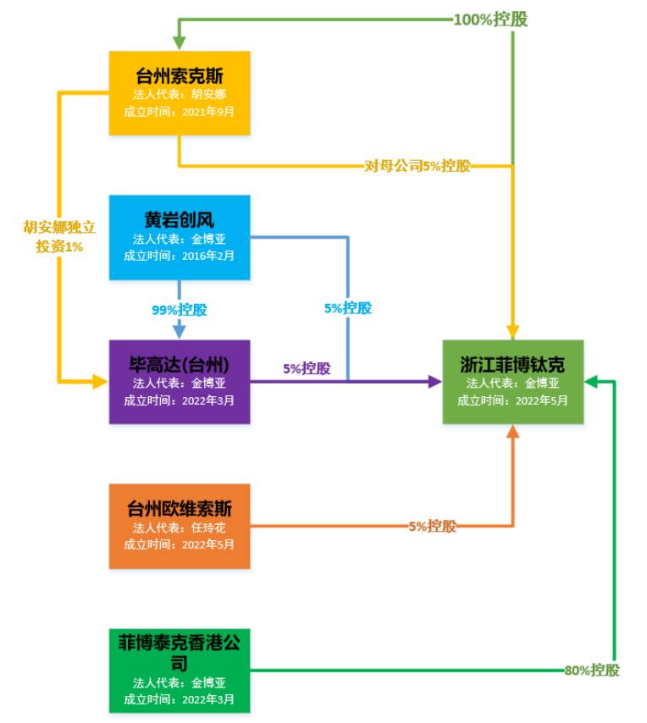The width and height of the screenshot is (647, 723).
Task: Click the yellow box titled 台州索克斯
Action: coord(180,93)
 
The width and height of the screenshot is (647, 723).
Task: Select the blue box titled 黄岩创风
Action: coord(180,237)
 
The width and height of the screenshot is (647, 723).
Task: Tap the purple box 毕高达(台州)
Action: coord(180,382)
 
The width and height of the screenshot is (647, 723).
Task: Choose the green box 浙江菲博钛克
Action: coord(512,382)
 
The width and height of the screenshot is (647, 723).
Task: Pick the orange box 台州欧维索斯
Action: coord(180,526)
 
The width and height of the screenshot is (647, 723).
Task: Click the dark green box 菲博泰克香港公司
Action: coord(180,671)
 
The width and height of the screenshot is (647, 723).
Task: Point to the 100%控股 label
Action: coord(490,19)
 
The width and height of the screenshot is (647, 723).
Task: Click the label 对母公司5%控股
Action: coord(418,166)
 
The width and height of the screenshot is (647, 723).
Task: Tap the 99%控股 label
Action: coord(180,310)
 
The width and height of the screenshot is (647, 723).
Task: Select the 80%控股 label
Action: coord(592,671)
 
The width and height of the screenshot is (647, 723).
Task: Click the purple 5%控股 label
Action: coord(307,368)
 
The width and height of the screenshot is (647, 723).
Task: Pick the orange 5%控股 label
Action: coord(432,526)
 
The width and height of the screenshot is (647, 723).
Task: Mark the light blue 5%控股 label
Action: coord(348,308)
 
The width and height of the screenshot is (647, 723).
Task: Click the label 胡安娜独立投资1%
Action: coord(59,237)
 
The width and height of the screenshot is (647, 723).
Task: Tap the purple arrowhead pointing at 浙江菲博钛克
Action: coord(435,382)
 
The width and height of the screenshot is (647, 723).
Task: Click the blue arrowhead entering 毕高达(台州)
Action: coord(180,331)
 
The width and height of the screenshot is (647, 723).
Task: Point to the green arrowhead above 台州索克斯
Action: coord(180,43)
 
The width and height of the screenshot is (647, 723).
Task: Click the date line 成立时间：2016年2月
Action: coord(180,256)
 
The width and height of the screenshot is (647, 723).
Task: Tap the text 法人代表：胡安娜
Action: coord(180,94)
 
